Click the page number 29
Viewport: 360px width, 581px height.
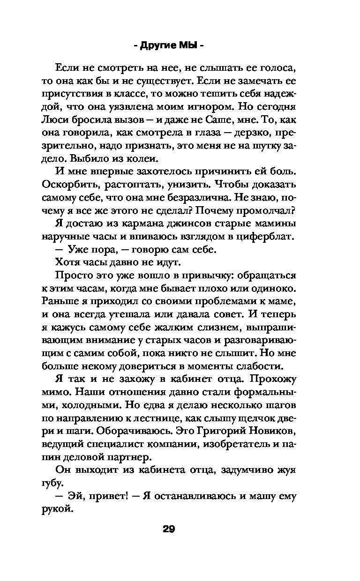click(168, 530)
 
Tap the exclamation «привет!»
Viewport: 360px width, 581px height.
click(101, 496)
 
